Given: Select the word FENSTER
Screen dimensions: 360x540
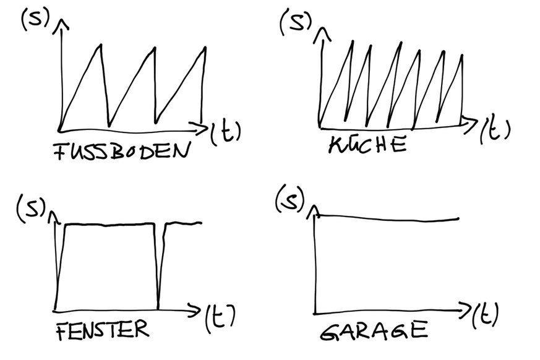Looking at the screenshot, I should point(102,330).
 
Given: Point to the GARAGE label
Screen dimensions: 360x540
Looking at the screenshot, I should point(374,330).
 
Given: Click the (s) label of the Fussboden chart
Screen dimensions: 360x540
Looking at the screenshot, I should point(33,20).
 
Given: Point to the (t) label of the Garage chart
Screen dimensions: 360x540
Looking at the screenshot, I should point(486,316).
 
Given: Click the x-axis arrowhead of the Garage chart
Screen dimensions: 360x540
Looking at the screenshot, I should point(468,307).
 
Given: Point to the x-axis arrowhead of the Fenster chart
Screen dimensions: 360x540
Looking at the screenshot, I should point(199,308).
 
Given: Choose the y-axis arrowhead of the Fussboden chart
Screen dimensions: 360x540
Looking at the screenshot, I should point(62,24).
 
